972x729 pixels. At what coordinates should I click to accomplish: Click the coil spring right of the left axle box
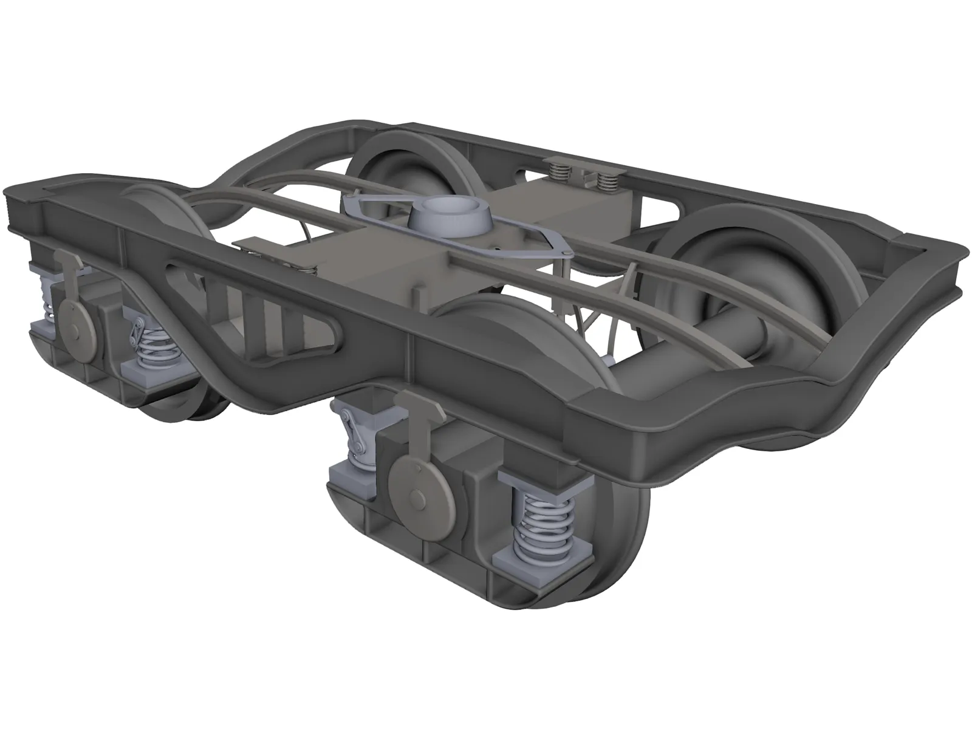click(150, 349)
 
